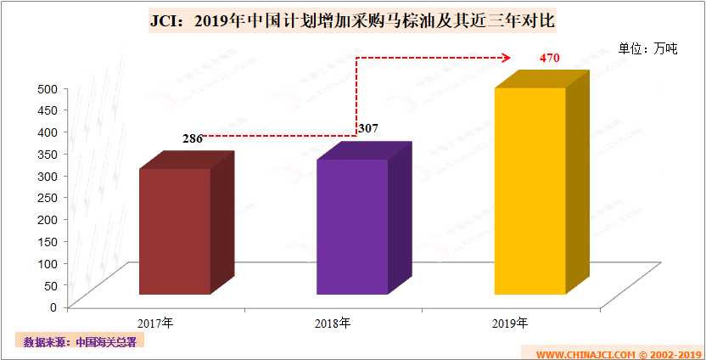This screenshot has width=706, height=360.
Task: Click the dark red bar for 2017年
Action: tap(175, 231)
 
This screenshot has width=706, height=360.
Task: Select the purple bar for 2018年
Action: tap(352, 226)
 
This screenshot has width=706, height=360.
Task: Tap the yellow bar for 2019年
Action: tap(530, 190)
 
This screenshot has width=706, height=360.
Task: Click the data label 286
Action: tap(192, 138)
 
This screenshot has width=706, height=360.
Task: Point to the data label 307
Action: tap(368, 128)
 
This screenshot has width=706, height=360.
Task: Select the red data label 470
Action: tap(551, 59)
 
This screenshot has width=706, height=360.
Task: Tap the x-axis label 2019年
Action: tap(509, 323)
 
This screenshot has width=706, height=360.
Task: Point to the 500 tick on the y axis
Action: tap(47, 88)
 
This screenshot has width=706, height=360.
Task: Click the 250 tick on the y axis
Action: tap(47, 197)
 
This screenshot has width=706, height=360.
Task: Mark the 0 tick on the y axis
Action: tap(53, 307)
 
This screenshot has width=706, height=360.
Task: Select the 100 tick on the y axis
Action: tap(47, 262)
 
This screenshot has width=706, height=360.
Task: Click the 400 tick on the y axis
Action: tap(47, 132)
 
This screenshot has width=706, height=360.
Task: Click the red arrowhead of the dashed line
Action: tap(506, 58)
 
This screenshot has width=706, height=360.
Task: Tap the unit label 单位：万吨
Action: tap(647, 48)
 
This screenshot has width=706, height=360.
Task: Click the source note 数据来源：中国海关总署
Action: tap(80, 342)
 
